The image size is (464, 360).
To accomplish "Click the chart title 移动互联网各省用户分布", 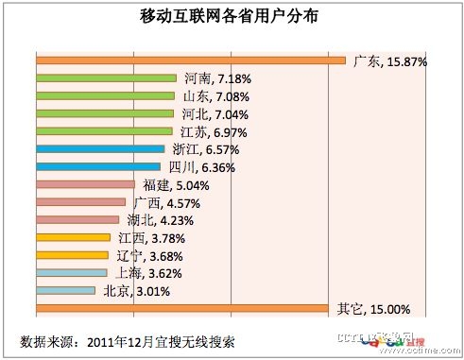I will (x=231, y=18).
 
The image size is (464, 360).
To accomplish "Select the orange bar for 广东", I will (x=190, y=61).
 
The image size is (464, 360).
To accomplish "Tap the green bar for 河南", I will (x=106, y=78).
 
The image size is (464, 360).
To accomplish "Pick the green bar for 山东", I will (x=105, y=96).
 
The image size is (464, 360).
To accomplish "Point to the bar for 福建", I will (x=85, y=185).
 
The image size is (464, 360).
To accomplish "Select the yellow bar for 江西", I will (x=73, y=237).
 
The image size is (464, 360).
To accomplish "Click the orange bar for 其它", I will (x=184, y=308).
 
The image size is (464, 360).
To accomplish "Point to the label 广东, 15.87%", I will (x=389, y=61).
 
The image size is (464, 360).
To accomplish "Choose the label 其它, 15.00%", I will (x=373, y=308).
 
